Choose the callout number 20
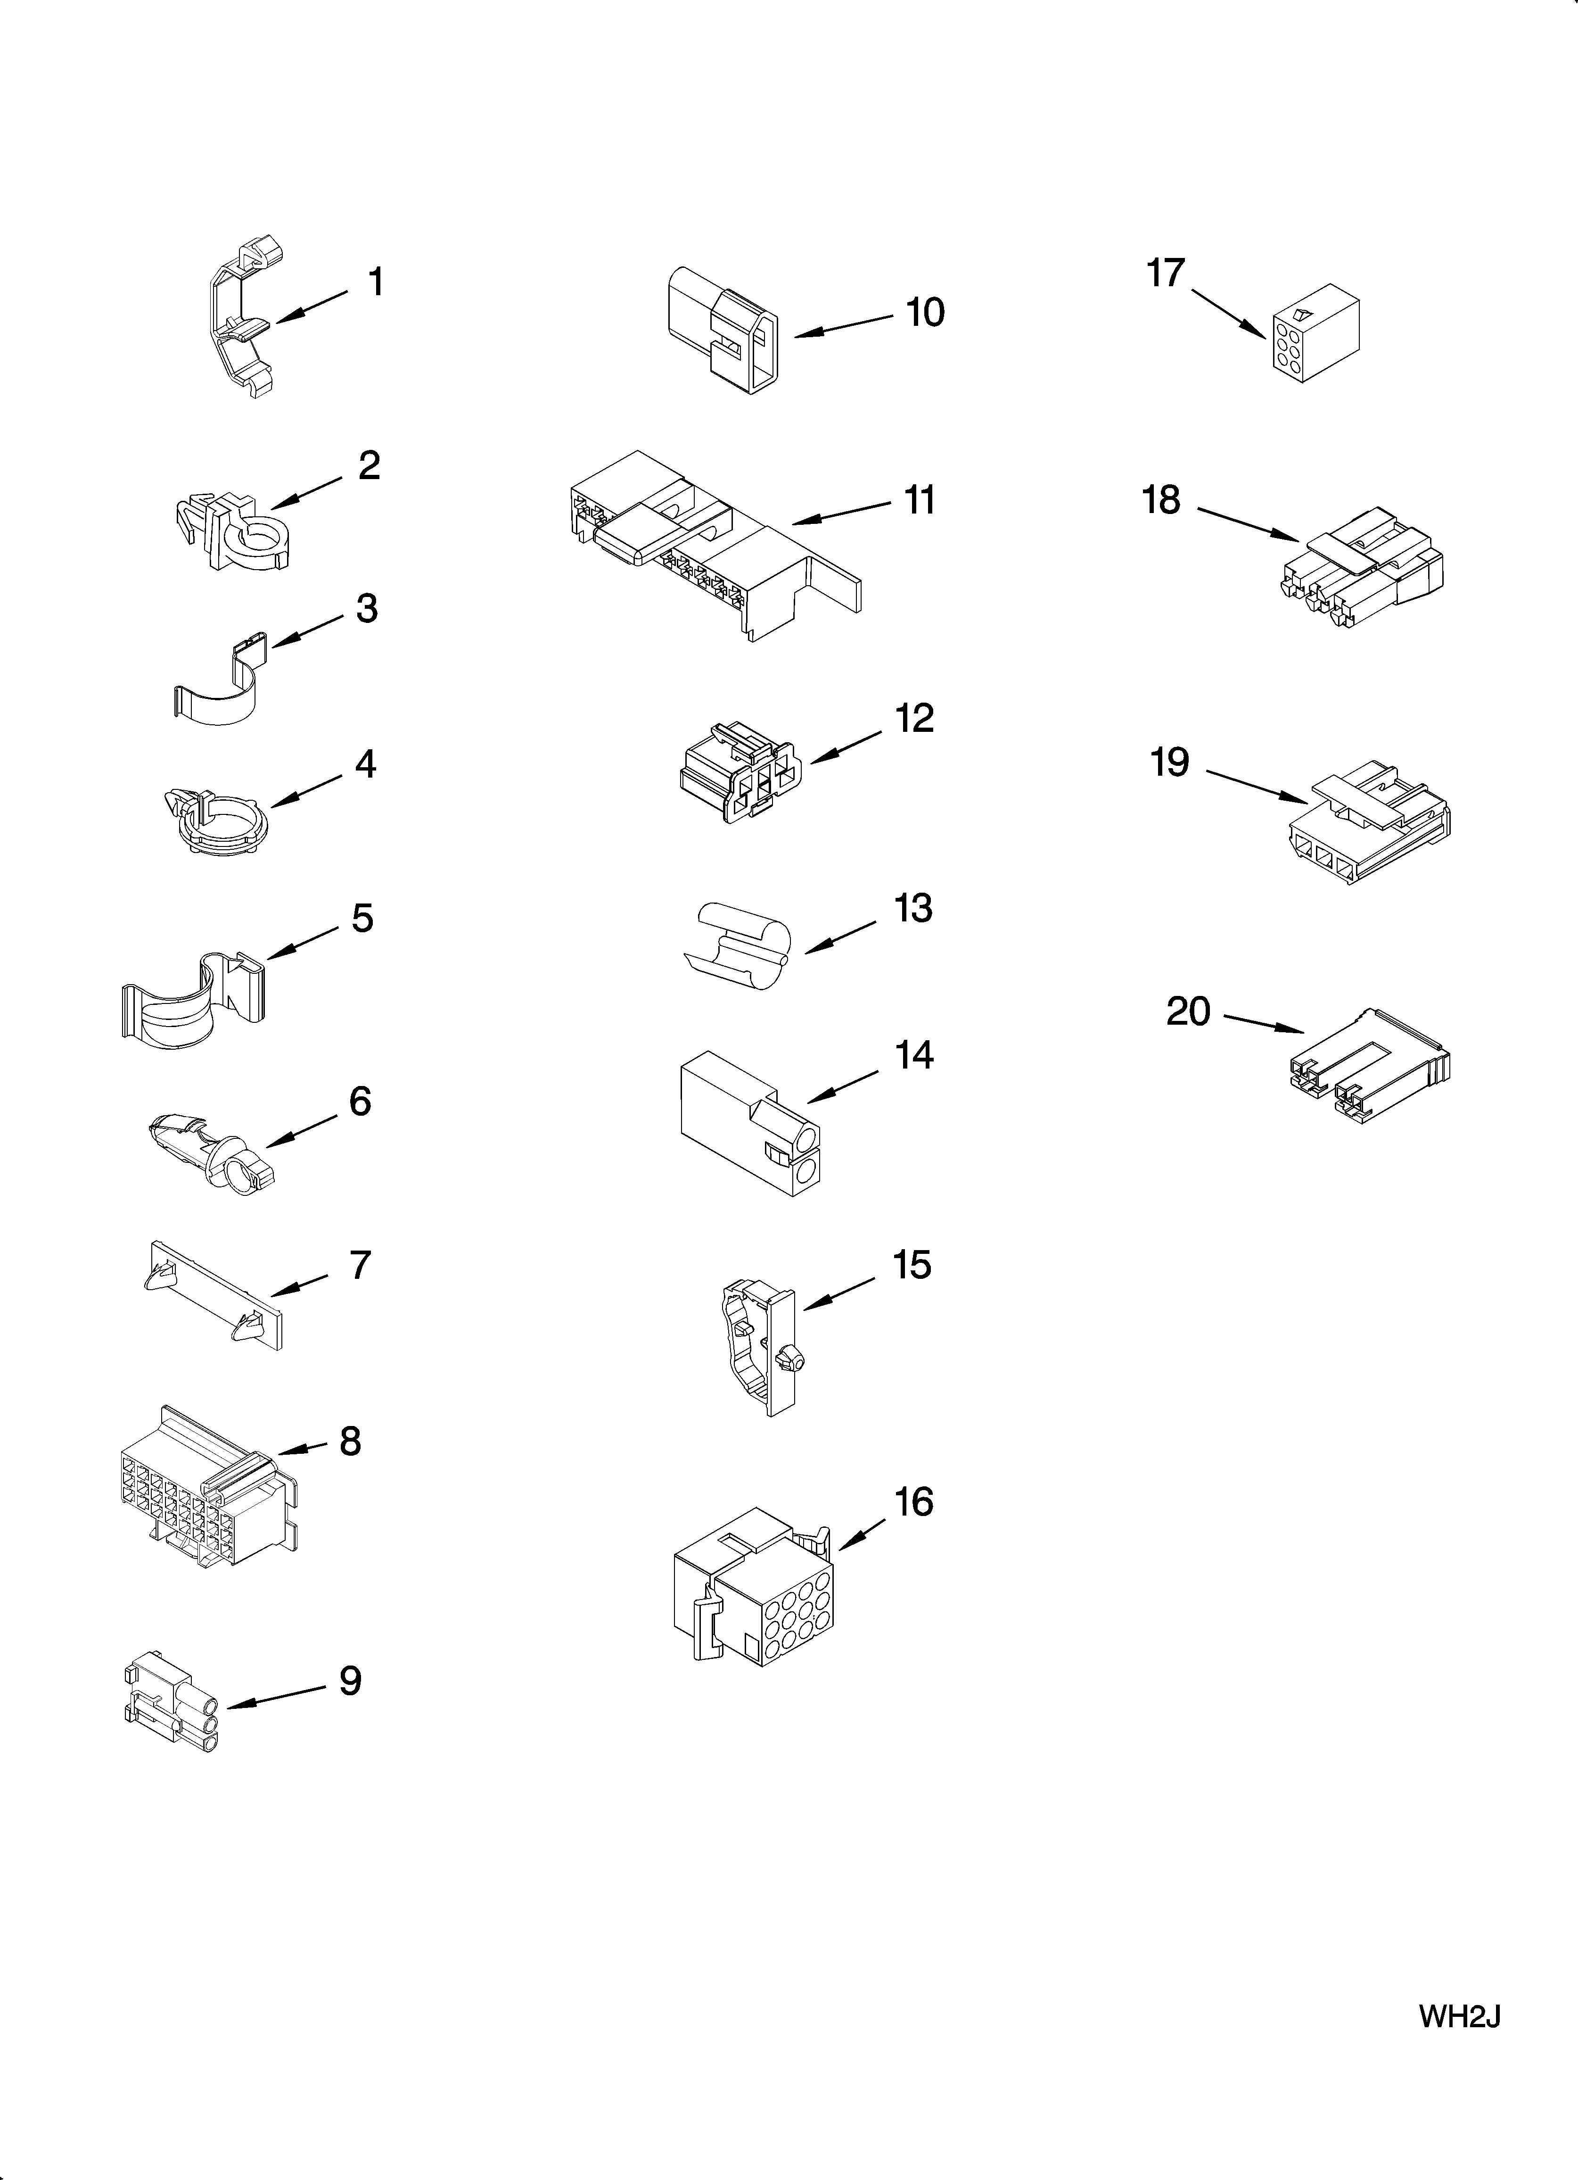point(1188,1011)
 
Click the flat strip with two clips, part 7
point(215,1297)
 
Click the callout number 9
point(350,1681)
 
